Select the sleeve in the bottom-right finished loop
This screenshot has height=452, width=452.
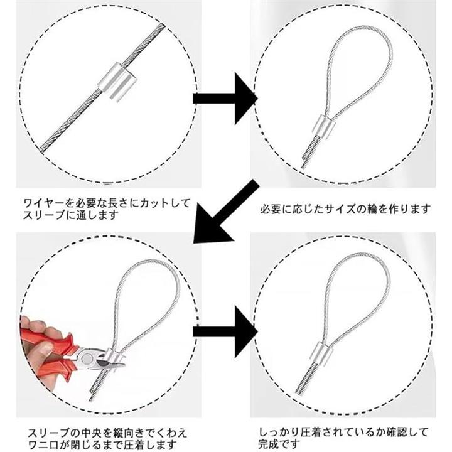pyautogui.click(x=321, y=353)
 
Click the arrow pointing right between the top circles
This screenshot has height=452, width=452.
pyautogui.click(x=225, y=99)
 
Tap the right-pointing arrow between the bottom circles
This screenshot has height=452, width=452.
pyautogui.click(x=225, y=332)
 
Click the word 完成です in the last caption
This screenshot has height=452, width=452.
pyautogui.click(x=279, y=444)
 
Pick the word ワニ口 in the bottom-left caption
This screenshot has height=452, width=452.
pyautogui.click(x=43, y=444)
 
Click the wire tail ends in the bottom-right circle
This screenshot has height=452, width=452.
pyautogui.click(x=306, y=379)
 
